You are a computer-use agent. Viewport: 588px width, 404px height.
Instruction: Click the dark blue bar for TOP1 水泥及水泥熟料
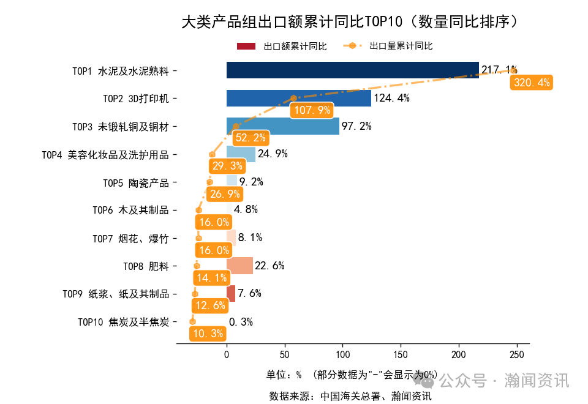click(x=352, y=70)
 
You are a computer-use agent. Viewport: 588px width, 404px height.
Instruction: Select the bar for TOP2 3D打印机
click(x=298, y=99)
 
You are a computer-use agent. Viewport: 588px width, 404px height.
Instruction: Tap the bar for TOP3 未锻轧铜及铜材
click(x=282, y=126)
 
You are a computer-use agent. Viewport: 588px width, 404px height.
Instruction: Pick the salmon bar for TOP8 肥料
click(x=239, y=266)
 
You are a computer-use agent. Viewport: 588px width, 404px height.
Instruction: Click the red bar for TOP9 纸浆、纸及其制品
click(x=231, y=294)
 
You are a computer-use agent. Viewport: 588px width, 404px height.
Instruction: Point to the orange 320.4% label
click(x=531, y=83)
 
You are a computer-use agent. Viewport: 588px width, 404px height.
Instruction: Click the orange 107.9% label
click(x=312, y=110)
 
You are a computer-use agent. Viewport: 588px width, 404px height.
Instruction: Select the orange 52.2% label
click(x=251, y=138)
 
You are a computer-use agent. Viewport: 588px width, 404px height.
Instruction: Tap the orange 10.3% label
click(x=208, y=334)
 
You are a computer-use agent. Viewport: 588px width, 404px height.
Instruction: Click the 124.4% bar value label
click(x=391, y=99)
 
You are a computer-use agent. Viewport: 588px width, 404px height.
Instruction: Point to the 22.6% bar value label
click(x=269, y=266)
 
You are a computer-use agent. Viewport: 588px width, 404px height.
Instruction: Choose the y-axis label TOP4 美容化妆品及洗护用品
click(x=105, y=155)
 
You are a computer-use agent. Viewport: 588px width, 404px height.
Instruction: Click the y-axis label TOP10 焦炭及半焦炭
click(x=123, y=322)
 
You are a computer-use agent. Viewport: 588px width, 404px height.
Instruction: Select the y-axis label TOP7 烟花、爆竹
click(x=130, y=238)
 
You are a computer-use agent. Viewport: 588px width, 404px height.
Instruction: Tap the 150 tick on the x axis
click(x=401, y=355)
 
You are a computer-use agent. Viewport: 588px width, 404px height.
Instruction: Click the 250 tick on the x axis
click(x=517, y=355)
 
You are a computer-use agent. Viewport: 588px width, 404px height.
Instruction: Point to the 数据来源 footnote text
click(x=350, y=395)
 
